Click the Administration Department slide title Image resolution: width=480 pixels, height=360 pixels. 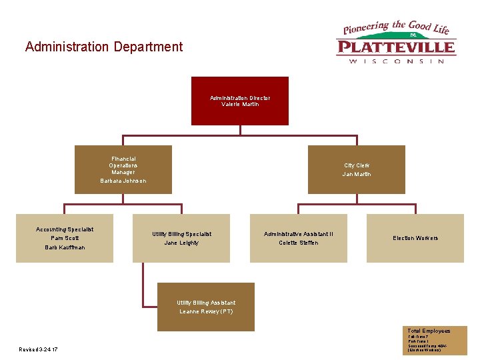(x=103, y=47)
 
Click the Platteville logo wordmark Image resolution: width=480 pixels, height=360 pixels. (x=396, y=47)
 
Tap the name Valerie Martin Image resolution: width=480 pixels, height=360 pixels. (x=240, y=105)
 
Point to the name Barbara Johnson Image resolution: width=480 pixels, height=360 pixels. (x=123, y=181)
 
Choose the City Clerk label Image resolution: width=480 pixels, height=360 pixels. (x=357, y=165)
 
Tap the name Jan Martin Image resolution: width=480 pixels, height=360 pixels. (x=357, y=175)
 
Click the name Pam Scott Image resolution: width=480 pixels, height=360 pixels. (x=65, y=238)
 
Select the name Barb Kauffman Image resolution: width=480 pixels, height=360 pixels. (x=65, y=247)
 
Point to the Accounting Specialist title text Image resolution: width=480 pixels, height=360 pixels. (x=65, y=229)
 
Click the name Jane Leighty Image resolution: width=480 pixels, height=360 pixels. (x=181, y=243)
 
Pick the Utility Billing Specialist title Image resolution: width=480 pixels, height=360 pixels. (x=181, y=234)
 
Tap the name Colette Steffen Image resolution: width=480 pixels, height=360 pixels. (x=298, y=243)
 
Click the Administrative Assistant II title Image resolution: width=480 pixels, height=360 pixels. (x=298, y=234)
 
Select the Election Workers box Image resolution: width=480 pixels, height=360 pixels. (x=415, y=238)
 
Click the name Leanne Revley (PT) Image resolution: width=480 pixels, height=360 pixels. (x=206, y=311)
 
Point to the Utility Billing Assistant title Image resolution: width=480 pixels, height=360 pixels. (x=206, y=303)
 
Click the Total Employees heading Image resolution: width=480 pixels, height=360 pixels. (x=429, y=331)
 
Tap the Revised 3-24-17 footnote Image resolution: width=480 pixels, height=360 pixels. (x=39, y=349)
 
